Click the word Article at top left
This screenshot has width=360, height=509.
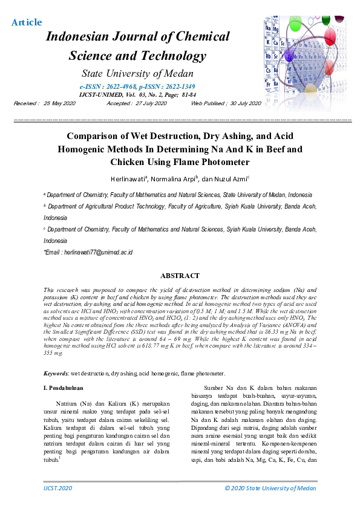(27, 22)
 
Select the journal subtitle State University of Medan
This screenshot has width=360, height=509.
(137, 74)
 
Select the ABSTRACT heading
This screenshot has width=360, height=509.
(180, 276)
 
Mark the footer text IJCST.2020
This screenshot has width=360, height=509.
(58, 488)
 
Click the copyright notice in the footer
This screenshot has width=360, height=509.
(270, 488)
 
